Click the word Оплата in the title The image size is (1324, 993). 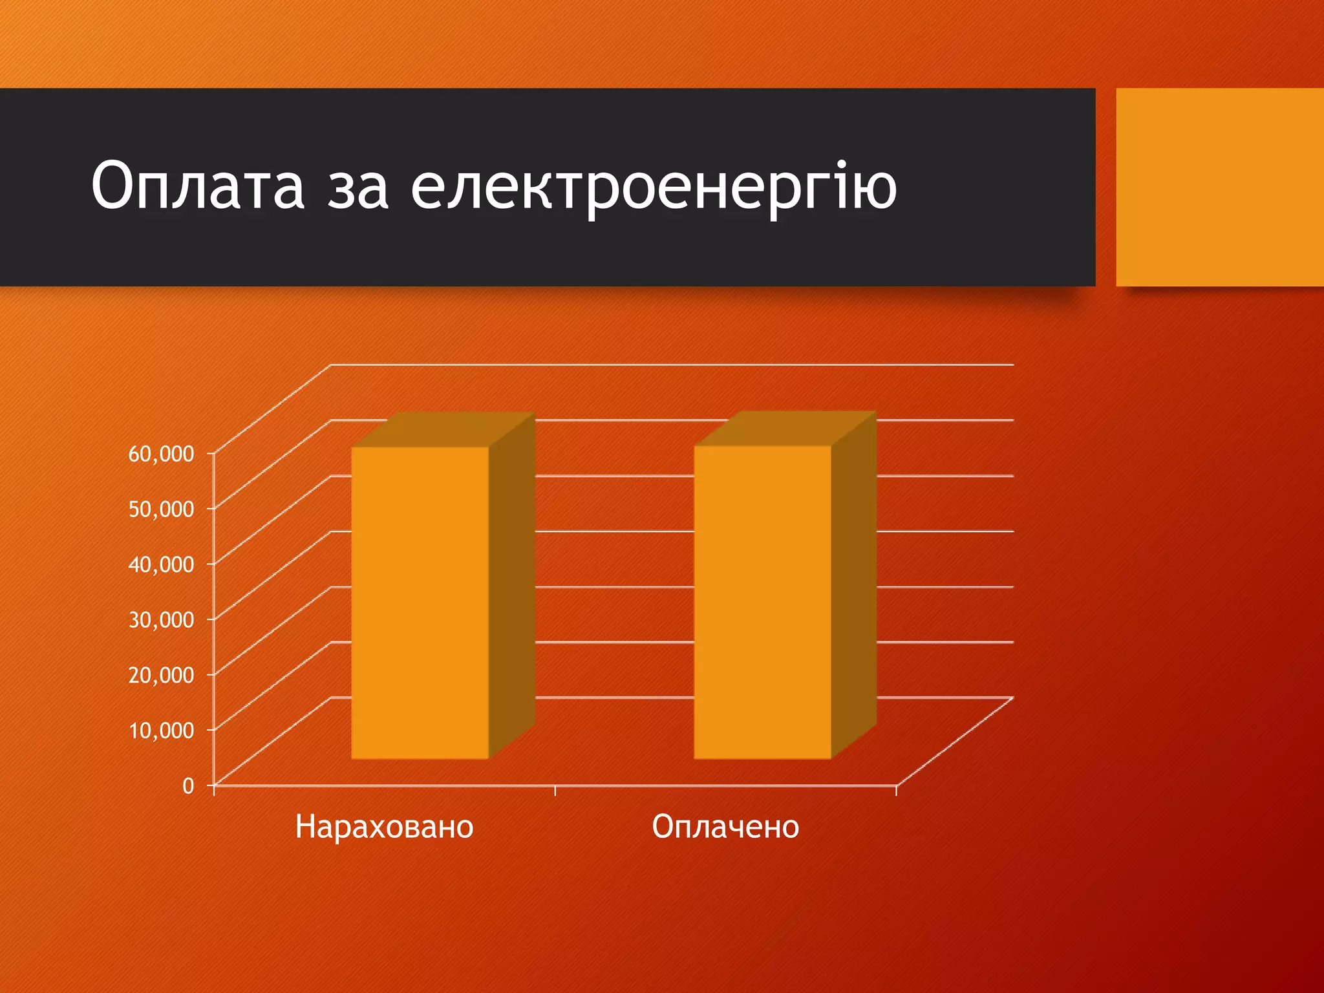click(x=197, y=186)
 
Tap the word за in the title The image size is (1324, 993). click(x=358, y=187)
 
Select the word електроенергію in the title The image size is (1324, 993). click(x=654, y=187)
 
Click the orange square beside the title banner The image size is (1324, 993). click(x=1219, y=187)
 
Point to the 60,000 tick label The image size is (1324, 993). click(x=161, y=454)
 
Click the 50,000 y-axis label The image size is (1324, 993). click(x=161, y=509)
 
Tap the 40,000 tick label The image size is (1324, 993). click(x=161, y=564)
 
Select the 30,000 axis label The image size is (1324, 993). click(x=161, y=620)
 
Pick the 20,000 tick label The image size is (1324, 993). click(x=161, y=675)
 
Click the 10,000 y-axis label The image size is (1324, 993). click(x=161, y=731)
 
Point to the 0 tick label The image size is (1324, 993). click(x=188, y=786)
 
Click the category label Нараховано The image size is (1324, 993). click(x=384, y=827)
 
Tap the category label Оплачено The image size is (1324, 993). click(x=725, y=827)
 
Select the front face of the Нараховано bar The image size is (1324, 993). click(x=420, y=601)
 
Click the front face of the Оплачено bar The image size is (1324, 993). click(x=762, y=601)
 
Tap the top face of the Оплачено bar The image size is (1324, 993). click(x=786, y=429)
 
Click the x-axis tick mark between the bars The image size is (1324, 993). click(x=555, y=791)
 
